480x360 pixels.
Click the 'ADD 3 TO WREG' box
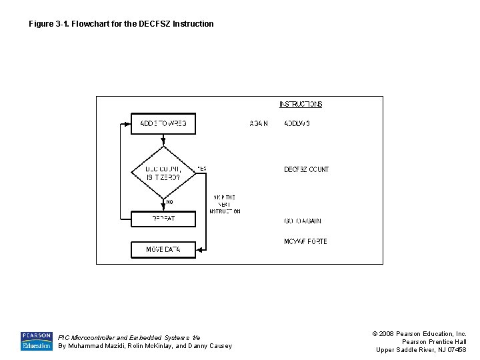(x=163, y=123)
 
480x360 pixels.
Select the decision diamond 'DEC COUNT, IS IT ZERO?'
(x=163, y=173)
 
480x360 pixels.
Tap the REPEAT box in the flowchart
(x=163, y=218)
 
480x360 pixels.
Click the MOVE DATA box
(x=163, y=249)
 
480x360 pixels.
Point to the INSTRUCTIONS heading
(x=301, y=104)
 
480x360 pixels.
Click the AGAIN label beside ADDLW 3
(x=259, y=123)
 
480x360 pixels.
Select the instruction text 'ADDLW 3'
(x=297, y=123)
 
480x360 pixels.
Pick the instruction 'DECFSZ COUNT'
(x=306, y=169)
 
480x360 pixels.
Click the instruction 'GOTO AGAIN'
(x=303, y=221)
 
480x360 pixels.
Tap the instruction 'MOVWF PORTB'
(x=305, y=241)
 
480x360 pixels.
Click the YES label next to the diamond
(x=202, y=169)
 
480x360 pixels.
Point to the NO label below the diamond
(x=169, y=202)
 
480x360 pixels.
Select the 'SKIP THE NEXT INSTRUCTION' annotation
(x=225, y=204)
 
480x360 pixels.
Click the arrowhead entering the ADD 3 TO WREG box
(x=128, y=123)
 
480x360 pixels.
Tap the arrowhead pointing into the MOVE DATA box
(x=199, y=249)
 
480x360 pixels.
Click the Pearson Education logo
(x=36, y=341)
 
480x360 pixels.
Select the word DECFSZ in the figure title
(x=155, y=24)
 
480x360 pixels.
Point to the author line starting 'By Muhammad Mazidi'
(x=145, y=346)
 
